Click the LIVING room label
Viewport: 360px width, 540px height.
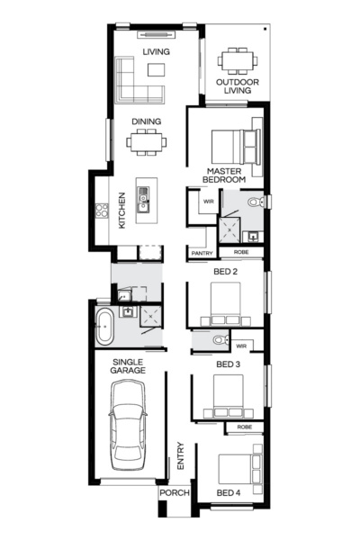coord(157,53)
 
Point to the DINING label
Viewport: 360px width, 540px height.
coord(147,121)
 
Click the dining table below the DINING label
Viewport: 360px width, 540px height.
coord(147,140)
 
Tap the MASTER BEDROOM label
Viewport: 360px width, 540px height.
coord(226,175)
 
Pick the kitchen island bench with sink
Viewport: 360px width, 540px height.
coord(144,203)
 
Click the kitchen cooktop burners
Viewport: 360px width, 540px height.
coord(102,212)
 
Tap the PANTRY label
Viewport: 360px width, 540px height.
coord(202,254)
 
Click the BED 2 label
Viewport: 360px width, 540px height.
coord(226,271)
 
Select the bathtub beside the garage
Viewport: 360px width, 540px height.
coord(104,325)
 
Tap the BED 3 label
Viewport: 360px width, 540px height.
coord(228,364)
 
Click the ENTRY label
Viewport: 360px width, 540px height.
coord(180,455)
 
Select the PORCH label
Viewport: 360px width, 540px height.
coord(173,493)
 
